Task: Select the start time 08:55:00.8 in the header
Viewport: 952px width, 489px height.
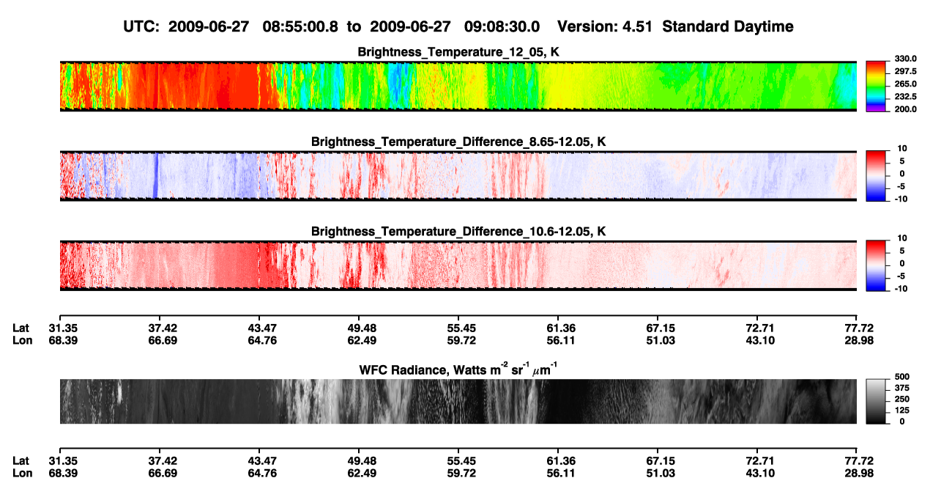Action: pos(300,26)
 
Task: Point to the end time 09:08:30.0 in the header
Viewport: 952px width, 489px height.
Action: pos(502,26)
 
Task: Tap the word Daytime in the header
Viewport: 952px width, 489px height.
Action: pos(759,26)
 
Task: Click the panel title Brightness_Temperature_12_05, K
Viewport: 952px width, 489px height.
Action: pos(458,52)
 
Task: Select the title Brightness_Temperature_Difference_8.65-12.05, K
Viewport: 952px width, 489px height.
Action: pos(458,141)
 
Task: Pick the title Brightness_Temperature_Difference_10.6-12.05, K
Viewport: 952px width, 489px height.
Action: pos(458,232)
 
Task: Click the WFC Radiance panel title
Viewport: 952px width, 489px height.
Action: pos(458,369)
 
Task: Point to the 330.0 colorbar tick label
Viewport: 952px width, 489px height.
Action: pos(905,59)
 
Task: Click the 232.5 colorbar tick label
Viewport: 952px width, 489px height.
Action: pos(905,97)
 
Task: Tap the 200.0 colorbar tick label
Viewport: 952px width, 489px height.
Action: pos(905,109)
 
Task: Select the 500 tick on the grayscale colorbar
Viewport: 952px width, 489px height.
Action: pos(902,377)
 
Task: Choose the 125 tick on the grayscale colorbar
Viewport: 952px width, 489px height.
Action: pos(902,411)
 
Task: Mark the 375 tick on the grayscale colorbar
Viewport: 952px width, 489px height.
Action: pos(902,388)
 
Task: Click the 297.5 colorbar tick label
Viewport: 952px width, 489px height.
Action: pos(905,72)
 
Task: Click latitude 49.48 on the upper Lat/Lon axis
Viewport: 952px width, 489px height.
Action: pos(362,328)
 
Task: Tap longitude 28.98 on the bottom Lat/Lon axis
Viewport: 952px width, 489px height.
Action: pos(859,474)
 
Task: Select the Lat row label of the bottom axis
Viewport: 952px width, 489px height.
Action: pos(21,461)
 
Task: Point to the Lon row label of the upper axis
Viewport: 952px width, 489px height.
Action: pos(23,340)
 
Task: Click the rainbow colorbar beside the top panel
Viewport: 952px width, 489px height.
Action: pos(876,87)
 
